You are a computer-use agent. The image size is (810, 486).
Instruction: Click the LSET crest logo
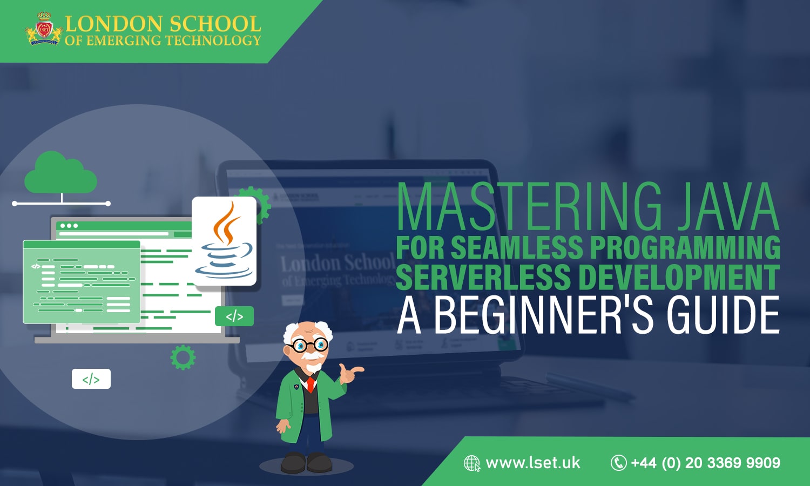pyautogui.click(x=43, y=29)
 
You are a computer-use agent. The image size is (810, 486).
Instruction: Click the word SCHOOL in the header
pyautogui.click(x=214, y=24)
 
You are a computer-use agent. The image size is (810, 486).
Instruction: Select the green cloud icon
pyautogui.click(x=60, y=172)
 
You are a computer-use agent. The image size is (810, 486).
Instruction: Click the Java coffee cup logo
pyautogui.click(x=225, y=241)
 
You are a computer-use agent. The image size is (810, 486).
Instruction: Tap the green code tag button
pyautogui.click(x=234, y=316)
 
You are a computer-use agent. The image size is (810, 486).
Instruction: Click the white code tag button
pyautogui.click(x=91, y=379)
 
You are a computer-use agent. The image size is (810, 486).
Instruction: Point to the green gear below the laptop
pyautogui.click(x=183, y=357)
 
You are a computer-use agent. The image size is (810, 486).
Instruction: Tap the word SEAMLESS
pyautogui.click(x=517, y=248)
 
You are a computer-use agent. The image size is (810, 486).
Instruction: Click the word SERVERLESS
pyautogui.click(x=483, y=276)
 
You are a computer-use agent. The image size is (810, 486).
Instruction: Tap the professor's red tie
pyautogui.click(x=310, y=384)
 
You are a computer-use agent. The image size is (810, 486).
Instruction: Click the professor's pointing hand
pyautogui.click(x=350, y=372)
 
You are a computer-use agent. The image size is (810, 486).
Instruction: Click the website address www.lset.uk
pyautogui.click(x=532, y=463)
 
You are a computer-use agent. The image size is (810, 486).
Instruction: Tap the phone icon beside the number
pyautogui.click(x=618, y=463)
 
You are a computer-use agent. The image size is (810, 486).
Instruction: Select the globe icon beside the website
pyautogui.click(x=472, y=463)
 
